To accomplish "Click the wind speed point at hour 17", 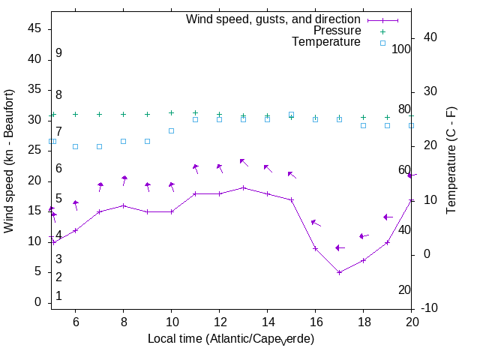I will pos(339,272).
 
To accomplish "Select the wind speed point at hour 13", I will pos(243,187).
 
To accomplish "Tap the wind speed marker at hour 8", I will pos(123,205).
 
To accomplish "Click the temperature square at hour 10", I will pos(171,130).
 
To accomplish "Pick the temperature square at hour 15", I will pos(291,115).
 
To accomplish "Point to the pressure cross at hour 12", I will pos(219,115).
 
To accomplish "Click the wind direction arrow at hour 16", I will pos(316,223).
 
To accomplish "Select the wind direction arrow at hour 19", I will pos(388,217).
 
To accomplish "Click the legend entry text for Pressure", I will pos(337,31).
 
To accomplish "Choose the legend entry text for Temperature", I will pos(326,43).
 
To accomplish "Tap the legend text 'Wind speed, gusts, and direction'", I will pos(274,19).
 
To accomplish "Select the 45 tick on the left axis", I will pos(35,28).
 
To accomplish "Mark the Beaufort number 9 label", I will pos(58,53).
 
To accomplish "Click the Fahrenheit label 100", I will pos(402,49).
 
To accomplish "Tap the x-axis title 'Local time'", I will pos(231,339).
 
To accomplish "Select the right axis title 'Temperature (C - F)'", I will pos(452,160).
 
